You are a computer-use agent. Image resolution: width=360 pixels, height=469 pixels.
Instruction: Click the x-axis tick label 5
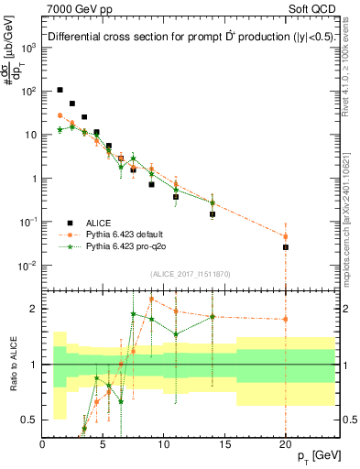(103, 444)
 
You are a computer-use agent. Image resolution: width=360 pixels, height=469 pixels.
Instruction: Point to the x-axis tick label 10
(163, 444)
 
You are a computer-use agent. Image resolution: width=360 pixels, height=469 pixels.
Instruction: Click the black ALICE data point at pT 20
(285, 247)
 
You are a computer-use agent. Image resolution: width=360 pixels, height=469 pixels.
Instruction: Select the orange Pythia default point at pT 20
(285, 236)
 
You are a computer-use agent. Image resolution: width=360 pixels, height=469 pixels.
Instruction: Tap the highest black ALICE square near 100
(60, 90)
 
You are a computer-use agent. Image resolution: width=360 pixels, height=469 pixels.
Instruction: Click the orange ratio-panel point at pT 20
(285, 319)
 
